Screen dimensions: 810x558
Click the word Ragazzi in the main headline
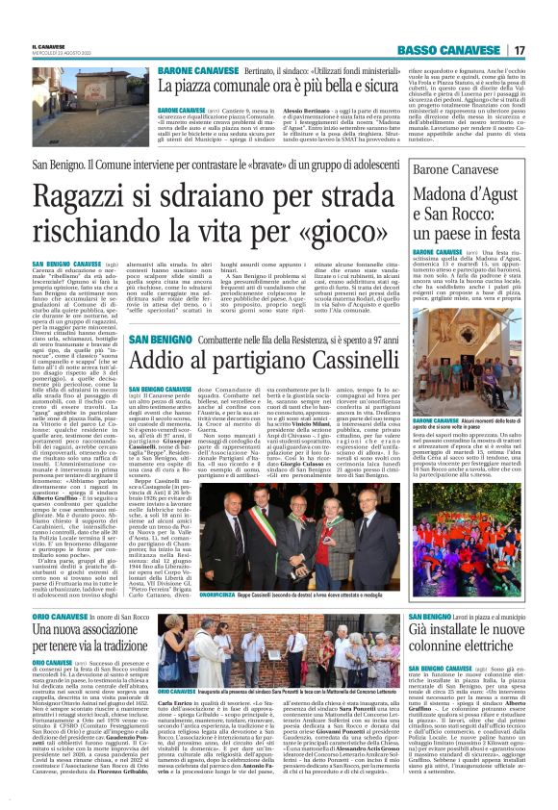coord(91,200)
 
